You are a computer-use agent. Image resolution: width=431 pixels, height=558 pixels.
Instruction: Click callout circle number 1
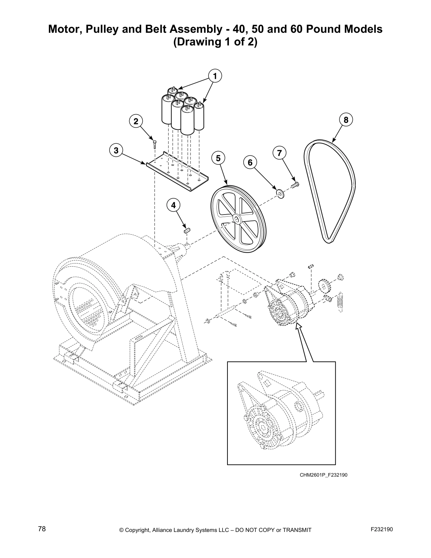point(215,76)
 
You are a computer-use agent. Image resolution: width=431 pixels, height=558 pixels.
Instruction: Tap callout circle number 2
point(136,121)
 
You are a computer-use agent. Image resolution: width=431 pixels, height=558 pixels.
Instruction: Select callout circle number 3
point(116,151)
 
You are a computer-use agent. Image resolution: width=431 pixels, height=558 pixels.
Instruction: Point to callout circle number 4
point(173,205)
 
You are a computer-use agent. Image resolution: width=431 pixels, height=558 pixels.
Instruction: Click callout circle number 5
point(218,158)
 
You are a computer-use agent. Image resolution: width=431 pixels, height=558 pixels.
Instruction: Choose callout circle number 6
point(250,162)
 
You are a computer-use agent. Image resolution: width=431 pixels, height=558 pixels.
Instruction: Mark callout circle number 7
point(279,153)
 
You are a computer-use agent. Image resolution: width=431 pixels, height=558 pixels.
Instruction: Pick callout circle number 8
point(346,120)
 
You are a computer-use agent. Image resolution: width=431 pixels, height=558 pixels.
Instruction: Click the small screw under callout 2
point(154,144)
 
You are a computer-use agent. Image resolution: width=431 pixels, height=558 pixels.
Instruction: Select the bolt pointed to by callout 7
point(295,184)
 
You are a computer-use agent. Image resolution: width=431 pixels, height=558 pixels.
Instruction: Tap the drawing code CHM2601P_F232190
point(323,475)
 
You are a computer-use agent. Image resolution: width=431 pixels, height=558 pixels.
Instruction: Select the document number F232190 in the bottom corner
point(382,529)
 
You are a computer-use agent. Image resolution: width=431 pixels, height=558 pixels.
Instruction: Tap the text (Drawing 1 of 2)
point(215,42)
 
